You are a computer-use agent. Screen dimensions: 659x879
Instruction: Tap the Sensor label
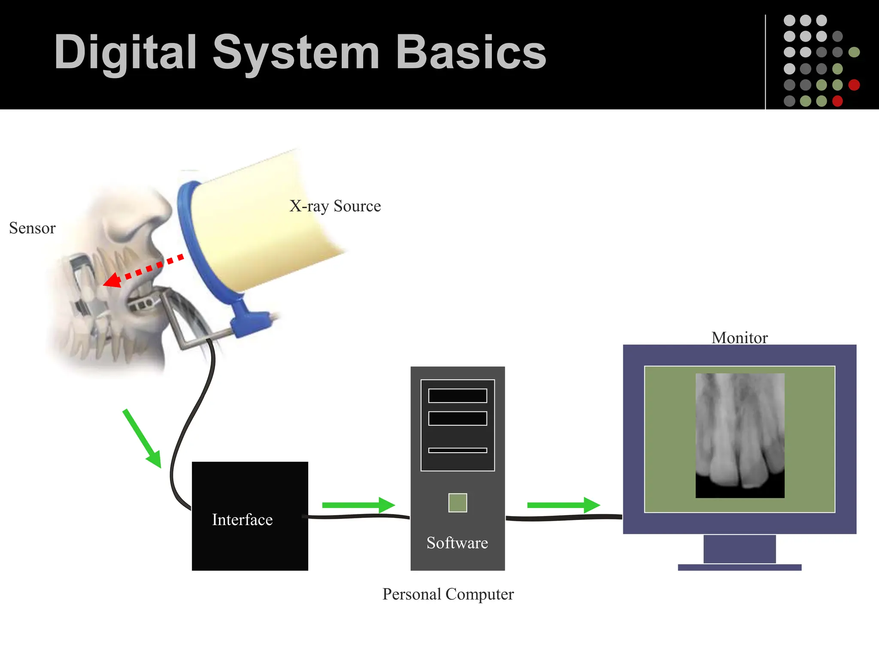pyautogui.click(x=32, y=228)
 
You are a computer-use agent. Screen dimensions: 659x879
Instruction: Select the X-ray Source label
pyautogui.click(x=335, y=206)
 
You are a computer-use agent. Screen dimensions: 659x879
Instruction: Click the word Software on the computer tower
pyautogui.click(x=457, y=543)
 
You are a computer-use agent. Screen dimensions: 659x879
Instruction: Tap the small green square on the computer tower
pyautogui.click(x=458, y=502)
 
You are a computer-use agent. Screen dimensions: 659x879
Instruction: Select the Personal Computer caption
pyautogui.click(x=448, y=594)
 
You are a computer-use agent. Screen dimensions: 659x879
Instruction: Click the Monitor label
pyautogui.click(x=740, y=338)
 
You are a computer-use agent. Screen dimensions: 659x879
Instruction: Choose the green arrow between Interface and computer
pyautogui.click(x=358, y=505)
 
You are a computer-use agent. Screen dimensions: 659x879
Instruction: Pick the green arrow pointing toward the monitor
pyautogui.click(x=563, y=505)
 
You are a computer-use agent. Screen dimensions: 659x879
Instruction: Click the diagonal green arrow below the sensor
pyautogui.click(x=142, y=438)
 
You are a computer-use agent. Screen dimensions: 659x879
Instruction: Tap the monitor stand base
pyautogui.click(x=740, y=567)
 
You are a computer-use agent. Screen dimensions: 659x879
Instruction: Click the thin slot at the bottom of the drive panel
pyautogui.click(x=458, y=450)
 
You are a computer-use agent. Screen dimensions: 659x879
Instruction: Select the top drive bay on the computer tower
pyautogui.click(x=458, y=396)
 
